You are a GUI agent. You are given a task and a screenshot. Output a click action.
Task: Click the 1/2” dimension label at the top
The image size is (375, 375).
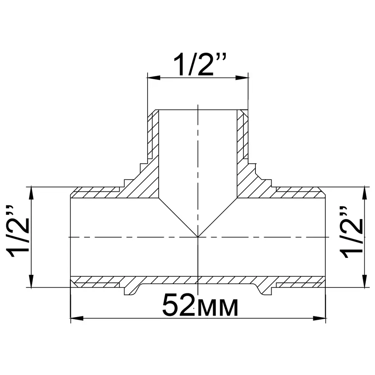pyautogui.click(x=198, y=64)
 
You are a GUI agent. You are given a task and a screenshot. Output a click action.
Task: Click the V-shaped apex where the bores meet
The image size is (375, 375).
pyautogui.click(x=198, y=237)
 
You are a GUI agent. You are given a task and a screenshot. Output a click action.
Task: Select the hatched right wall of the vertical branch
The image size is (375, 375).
pyautogui.click(x=242, y=137)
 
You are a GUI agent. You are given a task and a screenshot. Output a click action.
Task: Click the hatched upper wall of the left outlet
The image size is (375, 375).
pyautogui.click(x=96, y=194)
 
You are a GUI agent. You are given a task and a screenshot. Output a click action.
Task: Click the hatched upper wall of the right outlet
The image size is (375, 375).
pyautogui.click(x=300, y=194)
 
